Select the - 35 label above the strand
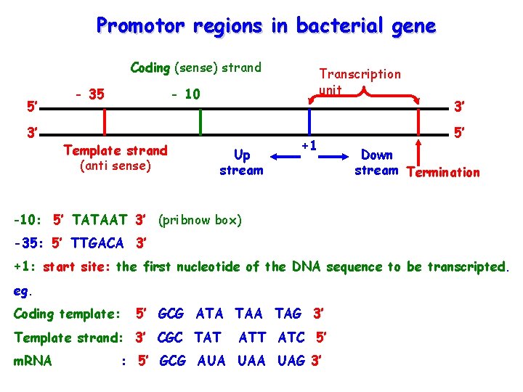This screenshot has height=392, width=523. coord(90,94)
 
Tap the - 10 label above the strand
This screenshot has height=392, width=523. coord(185,94)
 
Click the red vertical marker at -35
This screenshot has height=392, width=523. coord(104,121)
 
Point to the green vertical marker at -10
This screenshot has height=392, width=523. coord(200,121)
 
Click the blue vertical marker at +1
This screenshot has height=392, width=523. coord(310,121)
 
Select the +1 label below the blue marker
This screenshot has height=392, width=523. coord(309,145)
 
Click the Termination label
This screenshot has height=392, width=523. coord(444,173)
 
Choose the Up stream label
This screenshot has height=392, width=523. coord(242,163)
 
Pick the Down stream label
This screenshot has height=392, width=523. coord(376,163)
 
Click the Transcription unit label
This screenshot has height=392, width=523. coord(360,81)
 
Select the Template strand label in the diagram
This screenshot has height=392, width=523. coord(115,151)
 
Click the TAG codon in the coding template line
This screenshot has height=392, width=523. coord(288,314)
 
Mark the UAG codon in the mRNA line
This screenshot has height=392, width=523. coord(291,361)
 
